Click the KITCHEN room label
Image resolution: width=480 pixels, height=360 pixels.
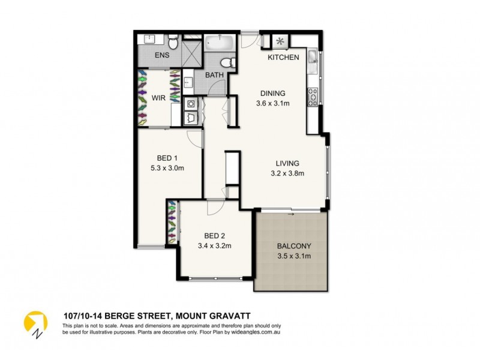point(283,58)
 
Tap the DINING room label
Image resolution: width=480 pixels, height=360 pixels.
point(272,93)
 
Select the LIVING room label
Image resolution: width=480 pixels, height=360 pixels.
point(287,163)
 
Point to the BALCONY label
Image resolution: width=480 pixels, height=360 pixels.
point(294,247)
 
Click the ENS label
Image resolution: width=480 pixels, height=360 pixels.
point(162,56)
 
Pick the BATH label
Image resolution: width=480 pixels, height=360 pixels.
point(215,76)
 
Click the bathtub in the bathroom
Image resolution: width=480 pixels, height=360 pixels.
point(220,43)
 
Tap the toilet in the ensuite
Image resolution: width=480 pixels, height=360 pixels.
point(173,42)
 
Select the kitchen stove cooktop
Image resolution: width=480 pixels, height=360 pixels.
point(312,96)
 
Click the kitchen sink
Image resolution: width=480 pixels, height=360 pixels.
point(312,58)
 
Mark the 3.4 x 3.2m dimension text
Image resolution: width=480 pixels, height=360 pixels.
point(215,245)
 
